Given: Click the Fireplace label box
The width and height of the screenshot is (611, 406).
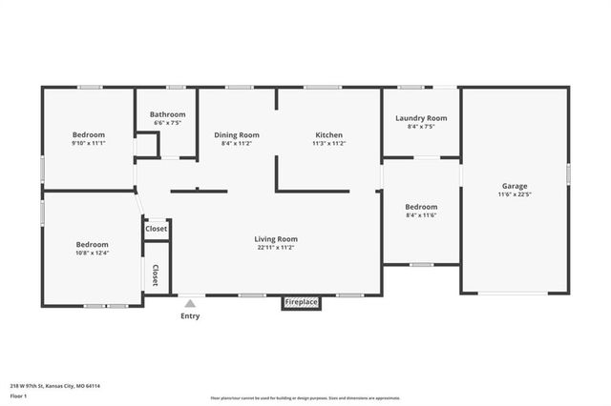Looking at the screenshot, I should pos(301,302).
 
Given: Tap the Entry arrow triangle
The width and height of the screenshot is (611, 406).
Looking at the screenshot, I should pos(190,304).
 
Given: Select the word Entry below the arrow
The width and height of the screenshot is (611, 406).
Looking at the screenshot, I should pos(190,316).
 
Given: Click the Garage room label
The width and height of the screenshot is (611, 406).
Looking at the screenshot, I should pos(515,186).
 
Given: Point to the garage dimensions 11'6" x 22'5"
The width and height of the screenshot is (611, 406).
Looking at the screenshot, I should pos(515,194).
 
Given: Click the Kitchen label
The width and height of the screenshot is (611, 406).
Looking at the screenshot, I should pos(328,135).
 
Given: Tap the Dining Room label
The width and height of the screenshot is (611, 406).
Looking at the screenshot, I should pos(236,135).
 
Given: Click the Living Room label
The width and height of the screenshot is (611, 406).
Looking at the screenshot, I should pos(275,238).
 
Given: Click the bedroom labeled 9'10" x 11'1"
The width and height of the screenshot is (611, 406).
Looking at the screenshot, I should pos(88,135).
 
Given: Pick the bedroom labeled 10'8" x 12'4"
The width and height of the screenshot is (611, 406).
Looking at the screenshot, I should pos(93,244).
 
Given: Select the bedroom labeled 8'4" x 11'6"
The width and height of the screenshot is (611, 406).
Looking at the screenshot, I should pos(421,207).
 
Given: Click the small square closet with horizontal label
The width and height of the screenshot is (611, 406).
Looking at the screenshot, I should pos(156,229).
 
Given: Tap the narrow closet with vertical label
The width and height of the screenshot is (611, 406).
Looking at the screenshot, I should pos(155,275).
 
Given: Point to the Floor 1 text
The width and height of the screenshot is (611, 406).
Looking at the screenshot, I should pos(17,396).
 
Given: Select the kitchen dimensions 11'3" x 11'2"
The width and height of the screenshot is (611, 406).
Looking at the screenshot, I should pos(328,144).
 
